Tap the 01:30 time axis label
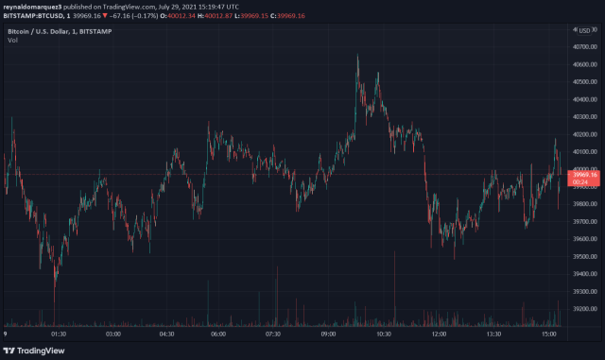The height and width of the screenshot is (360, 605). pyautogui.click(x=58, y=334)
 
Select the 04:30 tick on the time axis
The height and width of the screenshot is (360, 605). pyautogui.click(x=166, y=334)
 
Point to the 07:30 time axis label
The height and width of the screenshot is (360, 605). pyautogui.click(x=275, y=334)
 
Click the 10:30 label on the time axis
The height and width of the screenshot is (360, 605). pyautogui.click(x=384, y=334)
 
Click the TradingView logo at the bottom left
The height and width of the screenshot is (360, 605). pyautogui.click(x=39, y=350)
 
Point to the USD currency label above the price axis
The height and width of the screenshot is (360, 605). pyautogui.click(x=588, y=31)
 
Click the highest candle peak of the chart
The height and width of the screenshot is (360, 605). pyautogui.click(x=357, y=56)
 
